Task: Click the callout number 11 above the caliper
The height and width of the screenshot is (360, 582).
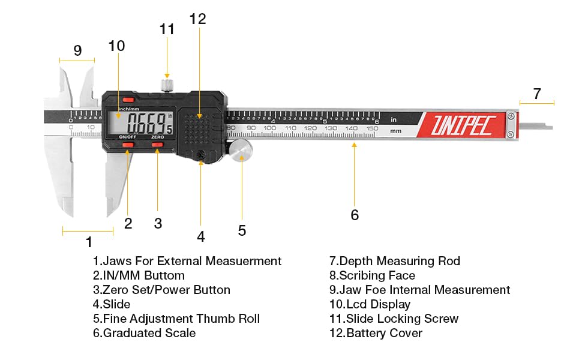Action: click(x=167, y=29)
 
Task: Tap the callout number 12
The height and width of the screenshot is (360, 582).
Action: click(x=197, y=19)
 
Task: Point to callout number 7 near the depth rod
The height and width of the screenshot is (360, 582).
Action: click(x=537, y=94)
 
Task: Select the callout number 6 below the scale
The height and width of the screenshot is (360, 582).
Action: click(x=355, y=215)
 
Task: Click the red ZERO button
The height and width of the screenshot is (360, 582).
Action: click(x=157, y=145)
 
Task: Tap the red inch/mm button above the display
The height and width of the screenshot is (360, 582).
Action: click(x=127, y=100)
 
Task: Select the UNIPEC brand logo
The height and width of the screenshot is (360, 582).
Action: click(x=462, y=125)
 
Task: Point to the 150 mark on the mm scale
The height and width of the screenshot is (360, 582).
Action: click(x=372, y=128)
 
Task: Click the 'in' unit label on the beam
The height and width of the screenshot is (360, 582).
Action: click(x=394, y=119)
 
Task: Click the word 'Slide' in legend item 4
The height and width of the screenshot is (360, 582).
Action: click(x=116, y=304)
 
